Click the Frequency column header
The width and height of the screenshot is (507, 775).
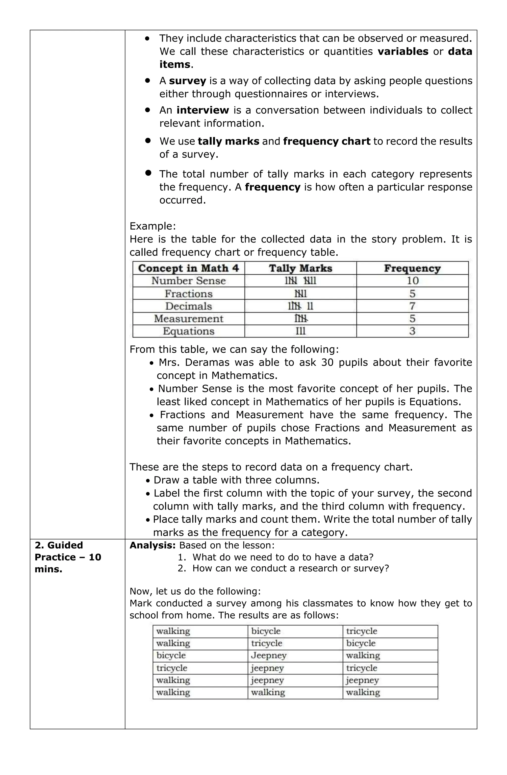click(x=412, y=268)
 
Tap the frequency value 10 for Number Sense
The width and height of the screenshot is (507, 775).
click(x=412, y=281)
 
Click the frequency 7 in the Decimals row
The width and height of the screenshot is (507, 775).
click(x=412, y=306)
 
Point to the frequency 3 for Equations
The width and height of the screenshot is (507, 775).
click(x=412, y=331)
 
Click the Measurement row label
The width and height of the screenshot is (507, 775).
click(x=188, y=318)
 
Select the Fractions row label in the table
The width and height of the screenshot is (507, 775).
click(x=188, y=294)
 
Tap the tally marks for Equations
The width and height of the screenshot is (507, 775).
click(x=301, y=331)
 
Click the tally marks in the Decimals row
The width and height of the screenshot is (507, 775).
click(x=301, y=306)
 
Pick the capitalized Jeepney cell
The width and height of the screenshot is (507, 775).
click(x=269, y=655)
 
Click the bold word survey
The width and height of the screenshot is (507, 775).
click(x=187, y=81)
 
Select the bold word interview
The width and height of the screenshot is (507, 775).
click(x=203, y=110)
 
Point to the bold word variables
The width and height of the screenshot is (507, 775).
click(x=403, y=51)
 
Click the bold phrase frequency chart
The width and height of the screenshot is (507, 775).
click(x=327, y=141)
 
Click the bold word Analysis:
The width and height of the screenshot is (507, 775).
click(x=152, y=545)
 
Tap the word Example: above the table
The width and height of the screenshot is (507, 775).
click(x=152, y=226)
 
